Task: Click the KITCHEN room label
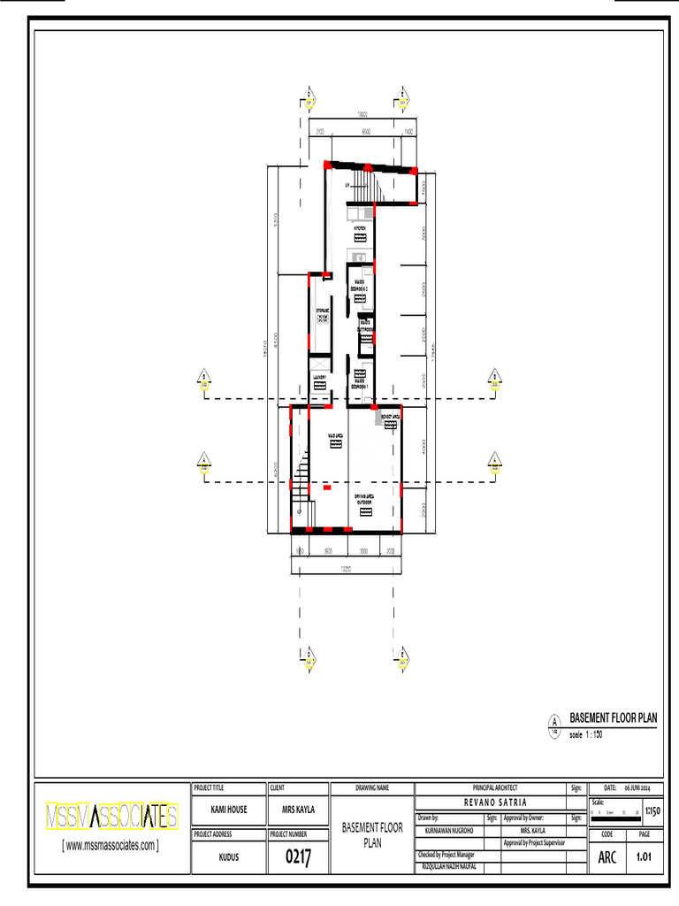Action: point(360,228)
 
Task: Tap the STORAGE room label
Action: point(322,311)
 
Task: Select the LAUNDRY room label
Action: point(320,378)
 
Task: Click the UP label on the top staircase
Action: point(347,185)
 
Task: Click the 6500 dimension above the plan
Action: point(365,131)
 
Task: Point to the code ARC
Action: point(607,856)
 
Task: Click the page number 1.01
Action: point(645,856)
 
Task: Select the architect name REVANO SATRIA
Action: point(489,801)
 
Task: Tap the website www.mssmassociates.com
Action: point(111,845)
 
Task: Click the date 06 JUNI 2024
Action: point(637,787)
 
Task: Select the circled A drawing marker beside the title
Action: point(554,720)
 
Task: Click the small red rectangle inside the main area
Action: point(327,487)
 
